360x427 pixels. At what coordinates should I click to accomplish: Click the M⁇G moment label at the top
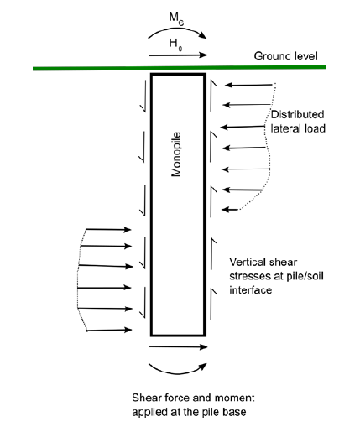pyautogui.click(x=177, y=18)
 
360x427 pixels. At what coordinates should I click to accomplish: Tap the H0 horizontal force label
pyautogui.click(x=176, y=44)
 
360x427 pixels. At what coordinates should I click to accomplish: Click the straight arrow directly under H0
pyautogui.click(x=178, y=55)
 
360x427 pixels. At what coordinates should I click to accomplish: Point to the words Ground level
pyautogui.click(x=285, y=56)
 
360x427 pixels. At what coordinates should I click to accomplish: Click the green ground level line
pyautogui.click(x=180, y=67)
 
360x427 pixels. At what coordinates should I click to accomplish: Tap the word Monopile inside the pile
pyautogui.click(x=176, y=154)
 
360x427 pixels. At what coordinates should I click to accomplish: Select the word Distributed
pyautogui.click(x=297, y=114)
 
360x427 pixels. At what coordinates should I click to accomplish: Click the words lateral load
pyautogui.click(x=298, y=128)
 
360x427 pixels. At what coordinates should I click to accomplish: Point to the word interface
pyautogui.click(x=251, y=290)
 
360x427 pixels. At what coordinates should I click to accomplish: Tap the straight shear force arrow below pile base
pyautogui.click(x=178, y=347)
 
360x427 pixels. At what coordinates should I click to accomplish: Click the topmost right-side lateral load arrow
pyautogui.click(x=248, y=85)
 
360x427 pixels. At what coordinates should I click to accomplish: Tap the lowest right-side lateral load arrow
pyautogui.click(x=230, y=210)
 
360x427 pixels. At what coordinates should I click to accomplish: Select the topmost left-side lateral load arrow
pyautogui.click(x=108, y=230)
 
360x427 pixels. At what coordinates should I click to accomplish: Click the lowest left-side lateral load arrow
pyautogui.click(x=109, y=331)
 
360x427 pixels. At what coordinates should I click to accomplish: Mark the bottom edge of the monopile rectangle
pyautogui.click(x=179, y=335)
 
